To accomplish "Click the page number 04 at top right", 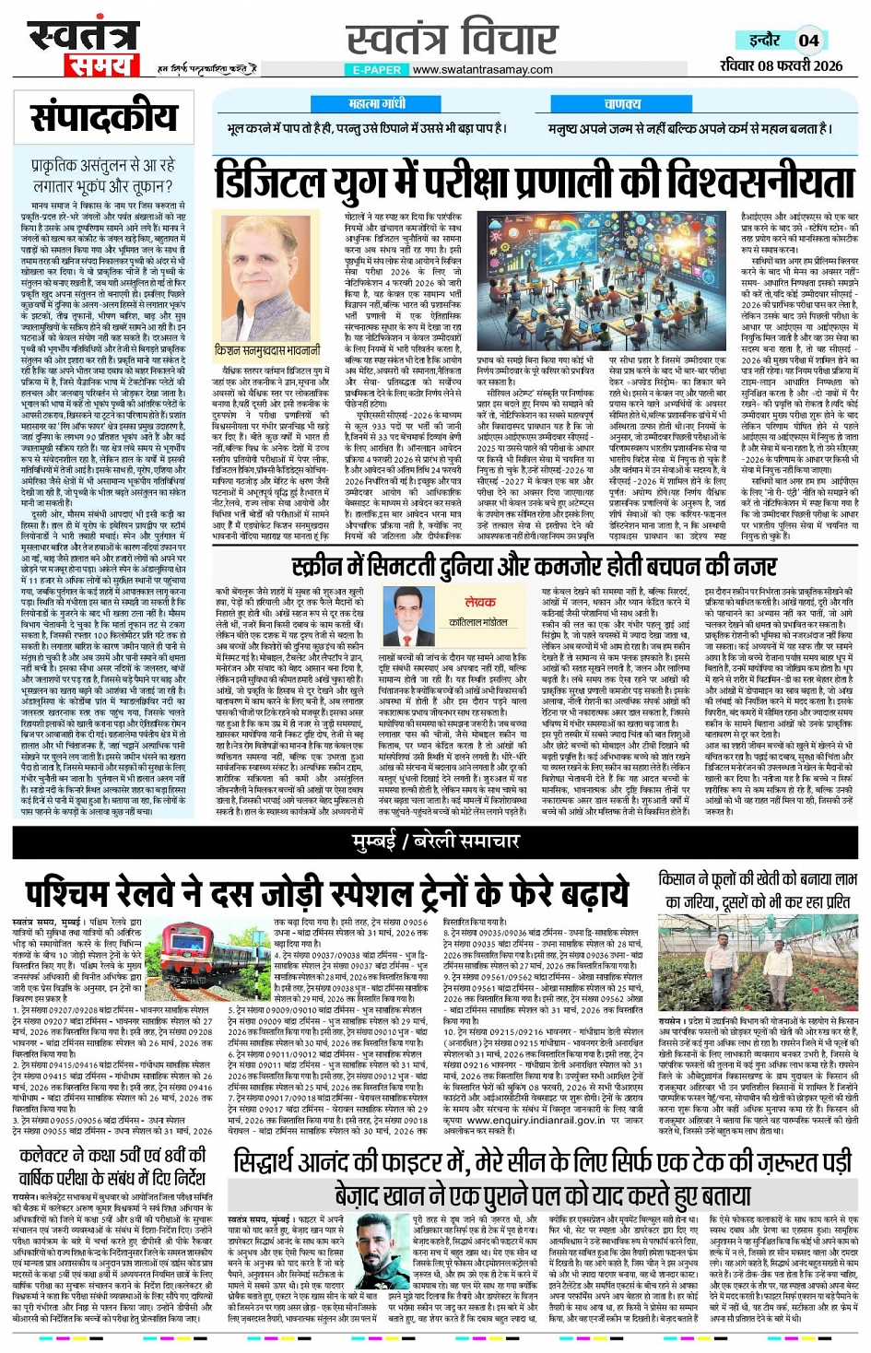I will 808,41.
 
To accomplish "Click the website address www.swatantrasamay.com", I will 482,69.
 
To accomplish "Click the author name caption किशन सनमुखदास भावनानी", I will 267,351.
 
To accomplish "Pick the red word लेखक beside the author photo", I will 479,601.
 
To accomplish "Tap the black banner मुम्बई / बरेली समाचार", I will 436,841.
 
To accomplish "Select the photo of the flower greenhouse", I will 758,964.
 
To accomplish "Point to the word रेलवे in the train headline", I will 200,893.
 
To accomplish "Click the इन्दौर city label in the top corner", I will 765,41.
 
